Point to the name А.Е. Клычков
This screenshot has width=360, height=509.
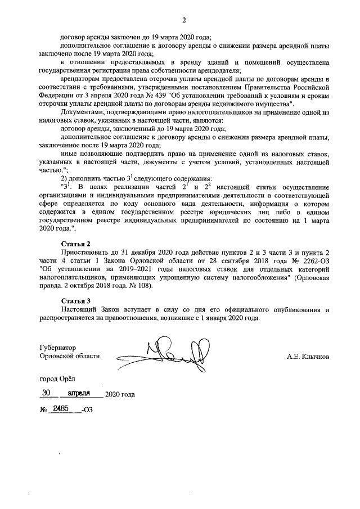(309, 356)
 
